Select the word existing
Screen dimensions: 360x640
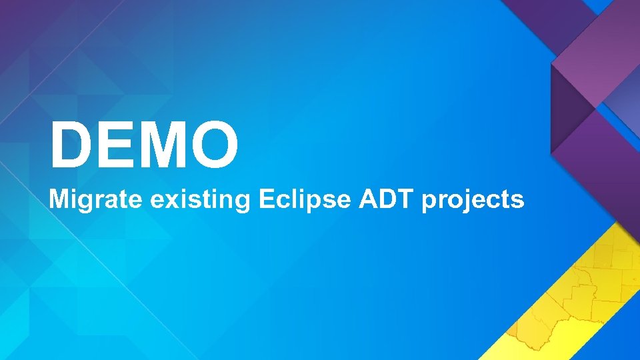tap(199, 199)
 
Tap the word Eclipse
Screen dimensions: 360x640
tap(303, 199)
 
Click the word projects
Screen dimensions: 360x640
tap(473, 200)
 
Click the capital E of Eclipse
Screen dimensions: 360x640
tap(264, 199)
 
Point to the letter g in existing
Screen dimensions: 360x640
tap(241, 202)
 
